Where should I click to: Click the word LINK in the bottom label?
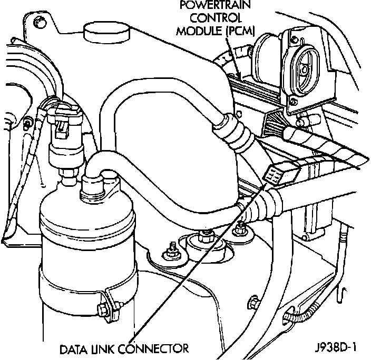coord(105,348)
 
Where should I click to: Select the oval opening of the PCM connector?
coord(305,66)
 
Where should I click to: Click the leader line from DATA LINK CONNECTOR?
coord(184,263)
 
